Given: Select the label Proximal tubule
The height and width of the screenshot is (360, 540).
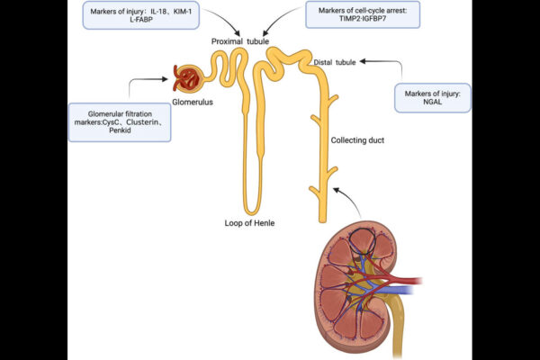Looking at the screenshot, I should (x=242, y=41).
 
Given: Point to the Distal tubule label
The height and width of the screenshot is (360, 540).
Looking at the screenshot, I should (x=335, y=62).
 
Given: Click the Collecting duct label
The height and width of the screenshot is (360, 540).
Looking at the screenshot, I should (x=359, y=141).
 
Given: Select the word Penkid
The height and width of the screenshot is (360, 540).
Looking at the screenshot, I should (x=120, y=131).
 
